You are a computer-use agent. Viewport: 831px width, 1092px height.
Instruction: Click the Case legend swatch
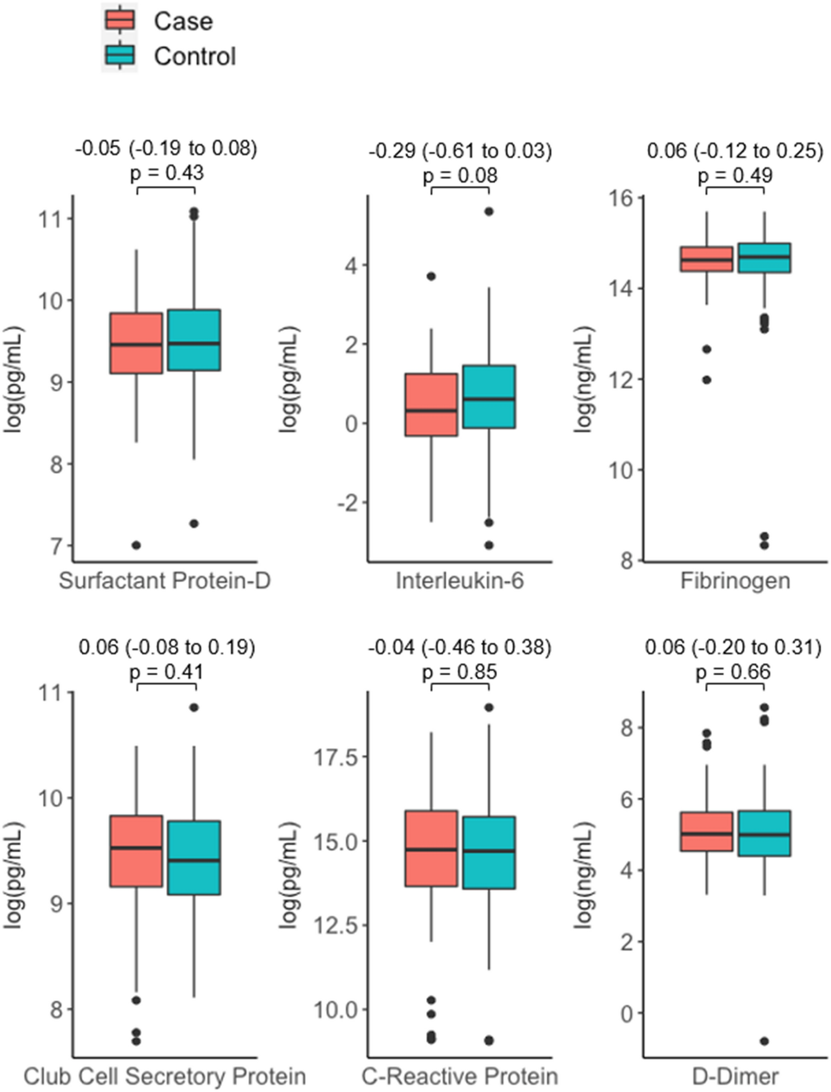[119, 20]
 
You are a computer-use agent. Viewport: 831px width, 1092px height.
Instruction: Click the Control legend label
[195, 57]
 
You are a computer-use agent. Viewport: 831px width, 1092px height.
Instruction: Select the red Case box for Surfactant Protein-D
[136, 343]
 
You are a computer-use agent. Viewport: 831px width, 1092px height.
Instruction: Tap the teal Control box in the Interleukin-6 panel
[489, 396]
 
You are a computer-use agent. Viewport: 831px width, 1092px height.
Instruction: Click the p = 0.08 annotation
[460, 176]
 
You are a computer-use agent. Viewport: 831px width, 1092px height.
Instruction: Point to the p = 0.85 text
[460, 672]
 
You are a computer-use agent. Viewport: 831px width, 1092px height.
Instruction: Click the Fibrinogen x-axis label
[735, 581]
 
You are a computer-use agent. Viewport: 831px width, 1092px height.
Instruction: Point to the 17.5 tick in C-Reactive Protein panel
[336, 757]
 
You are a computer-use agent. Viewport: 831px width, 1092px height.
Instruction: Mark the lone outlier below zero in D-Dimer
[764, 1042]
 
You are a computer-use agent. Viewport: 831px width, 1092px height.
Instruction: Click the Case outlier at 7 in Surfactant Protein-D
[136, 545]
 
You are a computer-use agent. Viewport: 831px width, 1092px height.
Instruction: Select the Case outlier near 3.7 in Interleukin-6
[431, 276]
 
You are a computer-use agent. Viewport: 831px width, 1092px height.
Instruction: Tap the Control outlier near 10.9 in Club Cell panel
[194, 708]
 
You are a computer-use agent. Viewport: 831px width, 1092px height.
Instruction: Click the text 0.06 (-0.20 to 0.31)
[733, 647]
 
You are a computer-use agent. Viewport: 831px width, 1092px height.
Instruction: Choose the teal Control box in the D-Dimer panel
[764, 833]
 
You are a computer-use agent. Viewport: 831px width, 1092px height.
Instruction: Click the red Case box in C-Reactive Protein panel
[431, 848]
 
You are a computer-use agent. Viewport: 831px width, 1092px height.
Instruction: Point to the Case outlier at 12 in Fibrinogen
[706, 380]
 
